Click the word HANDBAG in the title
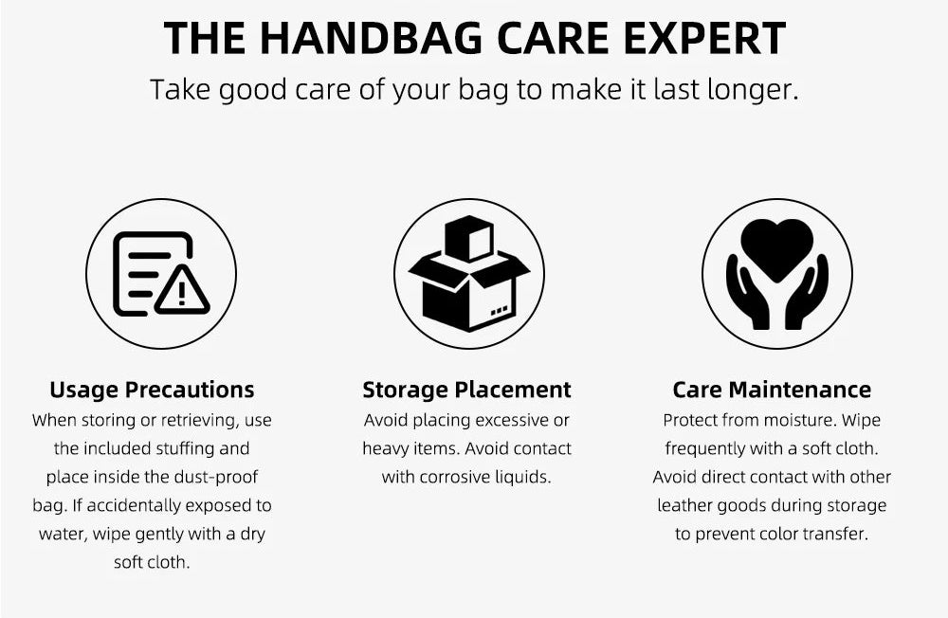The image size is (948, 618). (x=372, y=38)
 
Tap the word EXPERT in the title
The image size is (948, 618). (x=704, y=38)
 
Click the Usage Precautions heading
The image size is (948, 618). (x=152, y=390)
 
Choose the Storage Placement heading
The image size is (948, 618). (x=466, y=390)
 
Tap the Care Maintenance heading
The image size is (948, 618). (x=772, y=390)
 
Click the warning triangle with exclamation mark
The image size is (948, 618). (x=182, y=290)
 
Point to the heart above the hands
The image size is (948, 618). (x=777, y=249)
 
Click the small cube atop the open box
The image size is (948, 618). (x=469, y=238)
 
